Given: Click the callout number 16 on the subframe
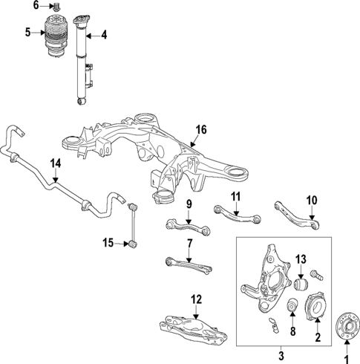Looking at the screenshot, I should pos(200,129).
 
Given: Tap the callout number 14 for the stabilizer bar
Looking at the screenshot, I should pos(55,163).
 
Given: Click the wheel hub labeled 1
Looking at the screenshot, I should pos(344,325).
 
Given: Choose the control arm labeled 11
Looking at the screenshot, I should pos(237,213).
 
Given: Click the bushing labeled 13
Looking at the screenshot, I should pos(301,285).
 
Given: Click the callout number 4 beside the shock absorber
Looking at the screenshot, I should pos(104,35).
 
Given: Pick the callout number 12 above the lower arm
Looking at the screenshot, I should pos(196,299).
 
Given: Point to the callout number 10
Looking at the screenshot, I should pos(311,199).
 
